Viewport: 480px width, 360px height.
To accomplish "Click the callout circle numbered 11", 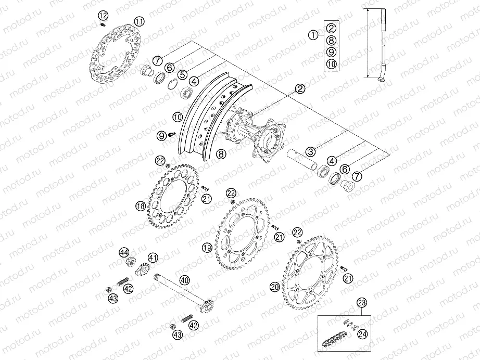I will point(139,21).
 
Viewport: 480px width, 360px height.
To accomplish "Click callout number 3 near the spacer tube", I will point(310,152).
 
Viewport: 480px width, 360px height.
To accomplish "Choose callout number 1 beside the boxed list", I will point(312,35).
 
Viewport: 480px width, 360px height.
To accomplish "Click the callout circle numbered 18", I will point(140,206).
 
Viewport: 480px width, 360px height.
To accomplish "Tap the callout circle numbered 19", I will point(207,248).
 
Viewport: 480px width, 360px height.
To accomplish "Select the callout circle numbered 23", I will point(362,302).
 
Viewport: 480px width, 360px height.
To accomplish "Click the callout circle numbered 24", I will point(363,335).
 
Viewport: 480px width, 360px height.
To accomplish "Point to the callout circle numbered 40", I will point(184,280).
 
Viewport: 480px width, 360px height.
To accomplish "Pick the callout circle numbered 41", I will point(152,257).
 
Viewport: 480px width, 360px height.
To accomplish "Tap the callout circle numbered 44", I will point(124,252).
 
